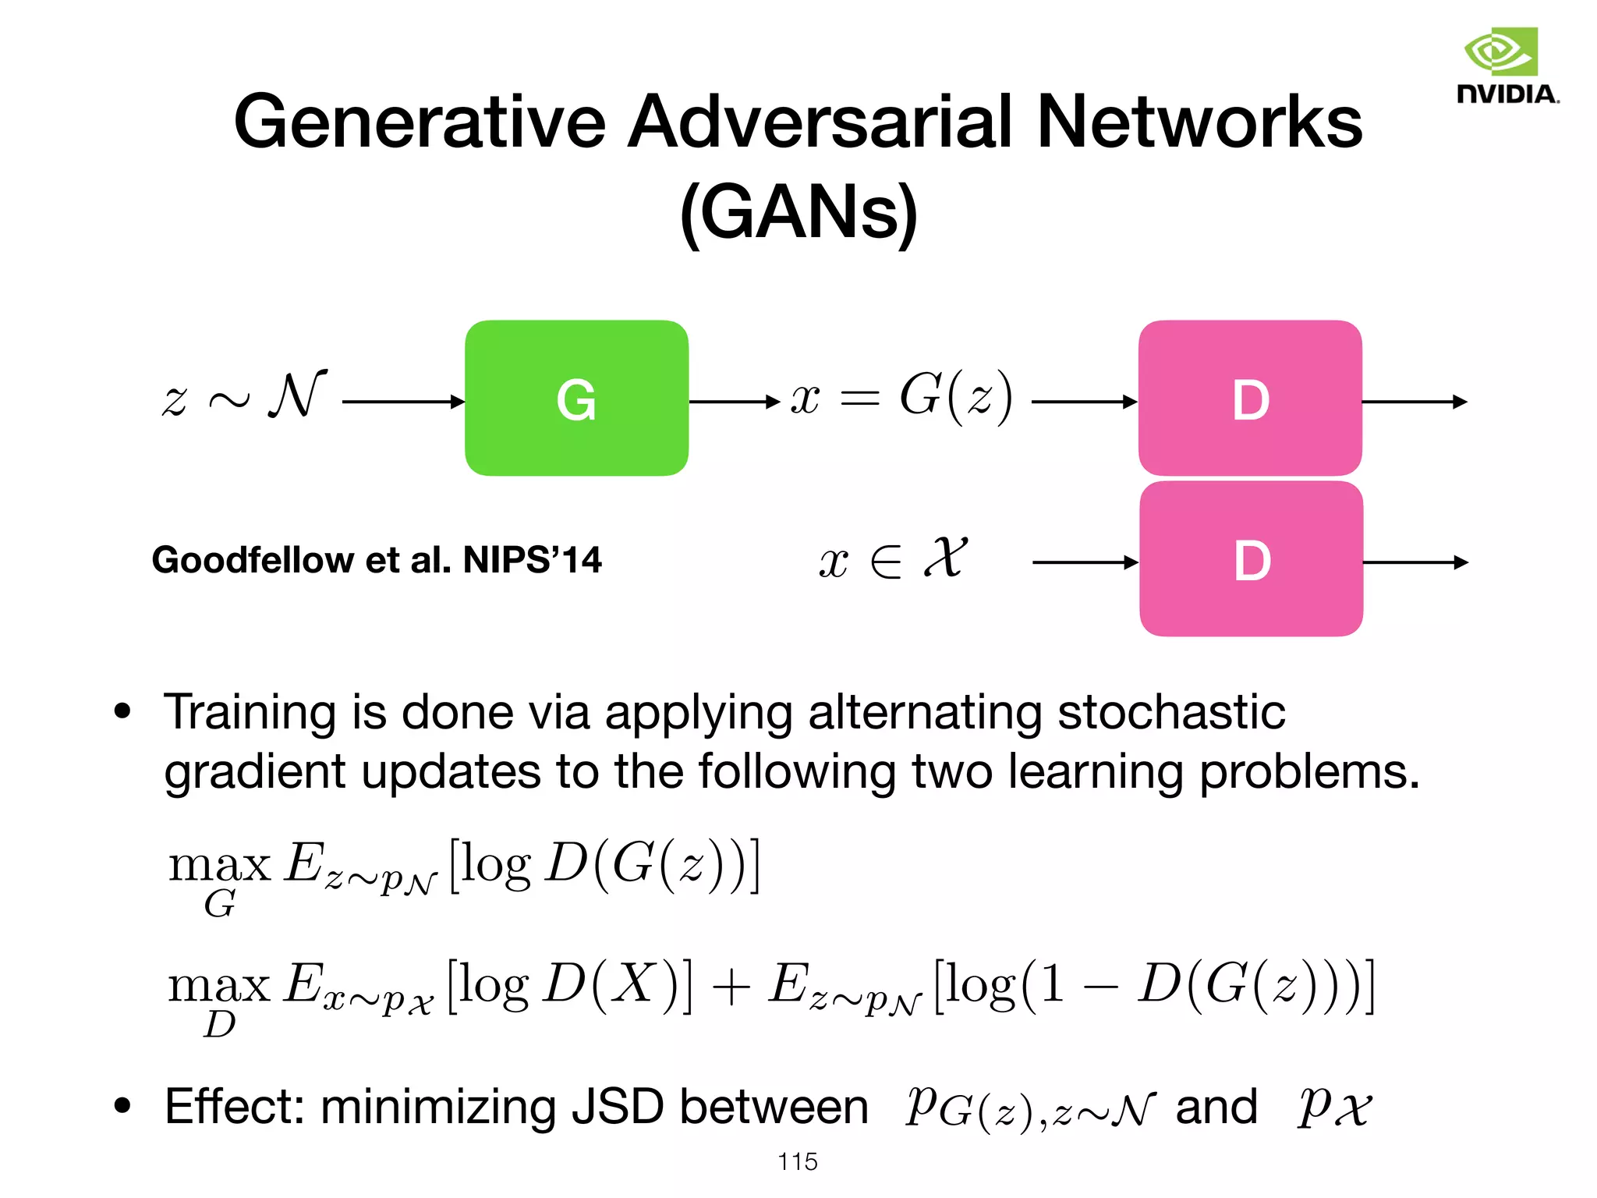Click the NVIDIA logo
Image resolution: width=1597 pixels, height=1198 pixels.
[1507, 66]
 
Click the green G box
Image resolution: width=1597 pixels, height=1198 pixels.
[576, 399]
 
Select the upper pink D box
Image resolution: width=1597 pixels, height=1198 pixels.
[1250, 399]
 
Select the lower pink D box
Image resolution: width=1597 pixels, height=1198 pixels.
[1251, 559]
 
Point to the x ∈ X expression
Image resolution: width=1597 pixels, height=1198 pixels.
[894, 559]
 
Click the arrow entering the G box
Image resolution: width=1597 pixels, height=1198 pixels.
[402, 402]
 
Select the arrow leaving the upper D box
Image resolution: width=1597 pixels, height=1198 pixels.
[1414, 402]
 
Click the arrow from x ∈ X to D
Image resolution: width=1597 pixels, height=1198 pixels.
[1084, 562]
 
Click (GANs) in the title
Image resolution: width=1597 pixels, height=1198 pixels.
[798, 212]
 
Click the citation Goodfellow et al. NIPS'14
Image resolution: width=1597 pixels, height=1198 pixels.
[377, 560]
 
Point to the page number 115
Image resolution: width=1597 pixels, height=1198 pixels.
[798, 1161]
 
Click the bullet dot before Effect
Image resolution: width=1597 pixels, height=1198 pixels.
[122, 1105]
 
